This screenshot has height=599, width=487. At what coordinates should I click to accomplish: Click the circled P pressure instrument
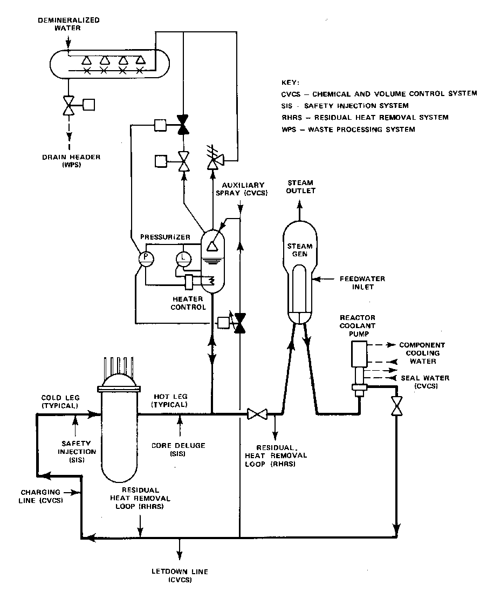click(146, 258)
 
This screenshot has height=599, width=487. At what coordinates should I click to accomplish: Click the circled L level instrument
click(182, 257)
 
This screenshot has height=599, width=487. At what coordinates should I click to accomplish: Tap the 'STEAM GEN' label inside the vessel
click(300, 250)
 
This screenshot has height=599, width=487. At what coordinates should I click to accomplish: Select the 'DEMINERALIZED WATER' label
click(61, 24)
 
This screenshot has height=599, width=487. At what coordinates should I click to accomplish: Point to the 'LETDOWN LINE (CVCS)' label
click(180, 576)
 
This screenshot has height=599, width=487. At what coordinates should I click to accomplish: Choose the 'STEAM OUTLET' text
click(300, 187)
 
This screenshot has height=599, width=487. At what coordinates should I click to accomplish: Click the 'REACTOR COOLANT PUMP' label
click(358, 325)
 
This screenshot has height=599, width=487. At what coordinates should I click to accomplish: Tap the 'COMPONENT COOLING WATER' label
click(422, 353)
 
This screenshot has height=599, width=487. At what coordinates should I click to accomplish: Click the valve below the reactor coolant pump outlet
click(397, 405)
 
